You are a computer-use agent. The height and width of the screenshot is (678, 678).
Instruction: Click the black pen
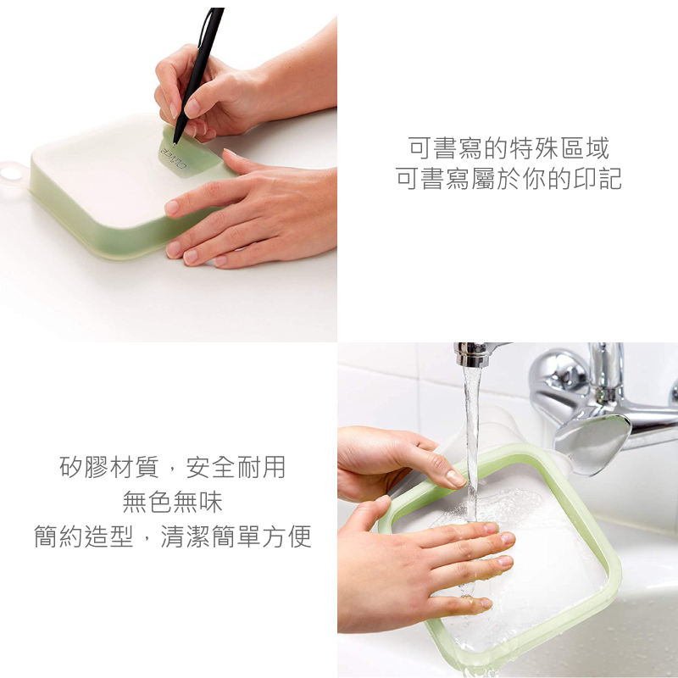pos(199,74)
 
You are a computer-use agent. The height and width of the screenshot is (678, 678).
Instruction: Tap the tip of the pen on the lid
pos(175,144)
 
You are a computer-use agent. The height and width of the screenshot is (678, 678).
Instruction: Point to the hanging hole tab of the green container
pos(11,174)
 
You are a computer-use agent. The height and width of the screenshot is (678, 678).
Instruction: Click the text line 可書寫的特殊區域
pos(509,148)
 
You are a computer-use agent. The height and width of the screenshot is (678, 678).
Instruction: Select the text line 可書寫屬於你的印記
pos(509,179)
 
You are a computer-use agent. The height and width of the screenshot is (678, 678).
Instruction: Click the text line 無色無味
pos(173,502)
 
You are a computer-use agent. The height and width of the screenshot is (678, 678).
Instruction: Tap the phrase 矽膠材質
pos(109,468)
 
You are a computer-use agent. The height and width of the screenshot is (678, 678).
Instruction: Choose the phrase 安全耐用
pos(236,468)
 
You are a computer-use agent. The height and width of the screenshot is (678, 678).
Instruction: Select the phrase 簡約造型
pos(84,536)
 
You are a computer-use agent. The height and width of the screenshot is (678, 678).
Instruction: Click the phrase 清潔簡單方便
pos(236,536)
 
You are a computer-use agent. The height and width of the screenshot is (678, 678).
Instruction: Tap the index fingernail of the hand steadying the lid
pos(172,208)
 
